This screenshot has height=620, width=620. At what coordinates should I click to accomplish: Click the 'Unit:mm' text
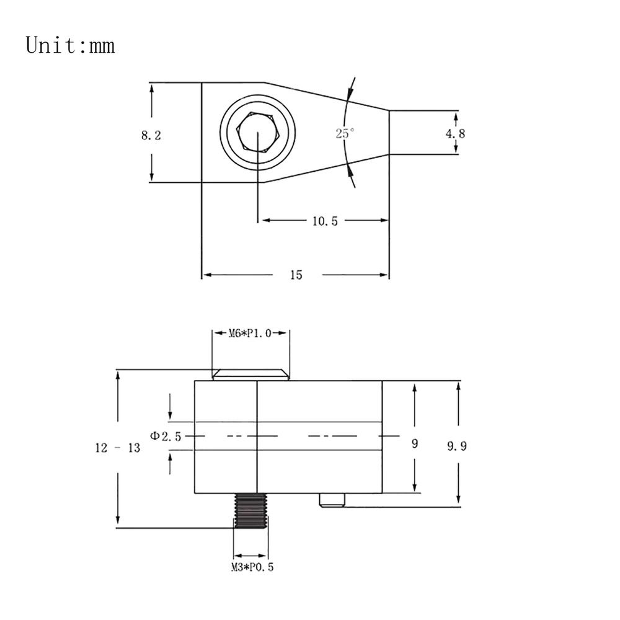pos(71,45)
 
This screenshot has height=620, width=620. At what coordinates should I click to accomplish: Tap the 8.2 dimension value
pos(151,135)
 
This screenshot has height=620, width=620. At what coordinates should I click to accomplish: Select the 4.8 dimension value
pos(456,134)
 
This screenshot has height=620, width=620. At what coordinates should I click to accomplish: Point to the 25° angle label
pos(345,133)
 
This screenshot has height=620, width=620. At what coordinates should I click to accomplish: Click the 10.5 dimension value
pos(325,221)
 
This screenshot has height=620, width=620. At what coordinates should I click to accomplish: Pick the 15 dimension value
pos(296,275)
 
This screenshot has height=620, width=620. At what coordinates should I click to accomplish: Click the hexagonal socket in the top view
pos(258,131)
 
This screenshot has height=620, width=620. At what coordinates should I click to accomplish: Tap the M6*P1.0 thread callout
pos(250,334)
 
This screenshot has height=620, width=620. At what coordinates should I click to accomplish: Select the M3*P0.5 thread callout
pos(252,567)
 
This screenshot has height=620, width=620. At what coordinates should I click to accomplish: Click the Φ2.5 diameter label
pos(166,436)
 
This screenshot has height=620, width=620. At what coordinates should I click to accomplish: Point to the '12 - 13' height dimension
pos(118,448)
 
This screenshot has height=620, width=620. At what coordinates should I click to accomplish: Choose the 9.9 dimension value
pos(457,446)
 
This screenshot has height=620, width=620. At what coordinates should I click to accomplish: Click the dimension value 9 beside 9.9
pos(414,444)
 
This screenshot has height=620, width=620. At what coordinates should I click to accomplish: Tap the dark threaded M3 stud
pos(250,510)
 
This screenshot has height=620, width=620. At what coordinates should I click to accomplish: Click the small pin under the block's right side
pos(332,500)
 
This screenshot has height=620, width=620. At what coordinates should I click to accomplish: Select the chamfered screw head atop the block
pos(250,374)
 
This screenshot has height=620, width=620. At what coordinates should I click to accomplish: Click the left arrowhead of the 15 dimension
pos(208,275)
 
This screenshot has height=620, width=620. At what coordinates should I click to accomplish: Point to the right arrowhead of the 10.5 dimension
pos(384,220)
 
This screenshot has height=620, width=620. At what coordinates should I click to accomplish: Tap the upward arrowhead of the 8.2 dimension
pos(152,89)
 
